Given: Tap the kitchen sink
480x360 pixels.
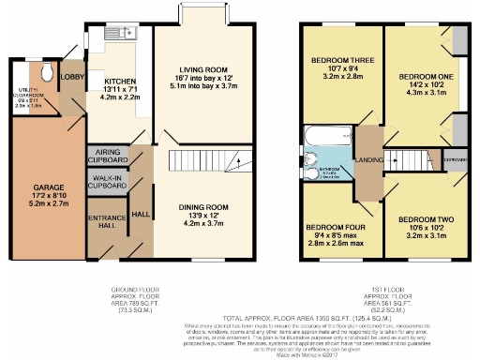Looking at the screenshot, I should point(127,35).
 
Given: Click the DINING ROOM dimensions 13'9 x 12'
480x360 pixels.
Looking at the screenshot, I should point(204,216).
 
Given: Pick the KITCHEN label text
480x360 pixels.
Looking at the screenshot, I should point(120,81).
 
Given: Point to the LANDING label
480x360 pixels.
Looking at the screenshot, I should point(367,160).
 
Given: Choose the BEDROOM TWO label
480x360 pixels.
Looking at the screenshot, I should point(432,219).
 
